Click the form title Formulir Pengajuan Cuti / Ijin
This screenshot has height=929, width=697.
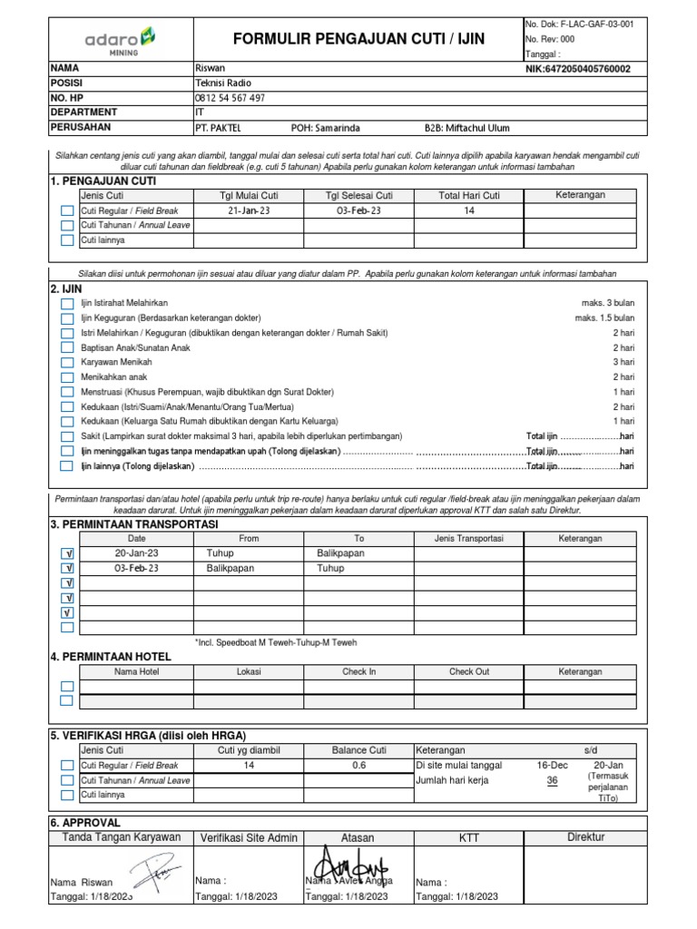click(358, 39)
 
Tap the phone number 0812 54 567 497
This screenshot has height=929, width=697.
click(231, 98)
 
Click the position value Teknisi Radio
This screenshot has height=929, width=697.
click(223, 83)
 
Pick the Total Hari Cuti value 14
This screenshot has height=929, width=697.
click(469, 210)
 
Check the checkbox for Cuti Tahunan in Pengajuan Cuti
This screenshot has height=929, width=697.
click(67, 226)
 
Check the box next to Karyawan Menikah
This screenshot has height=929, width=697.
click(67, 363)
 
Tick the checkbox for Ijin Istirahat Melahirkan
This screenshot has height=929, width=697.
click(67, 304)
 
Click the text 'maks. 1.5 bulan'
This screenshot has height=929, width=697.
click(604, 318)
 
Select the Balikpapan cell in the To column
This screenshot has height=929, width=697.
click(341, 553)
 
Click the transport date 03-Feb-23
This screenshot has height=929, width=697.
click(136, 568)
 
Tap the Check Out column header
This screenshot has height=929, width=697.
click(469, 671)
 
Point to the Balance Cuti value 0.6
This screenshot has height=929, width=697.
click(358, 765)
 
